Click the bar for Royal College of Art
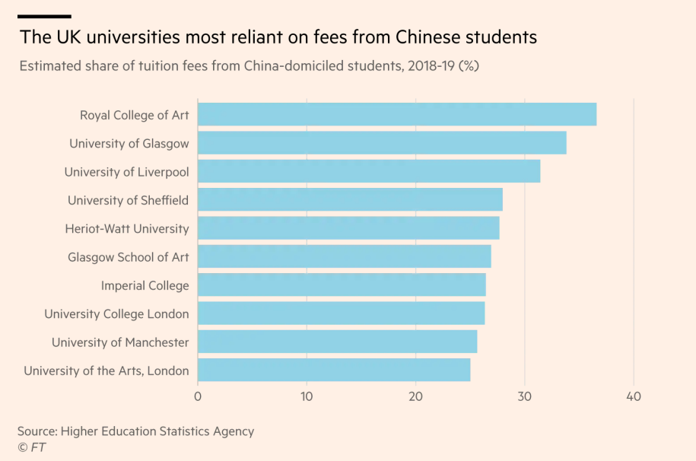point(396,115)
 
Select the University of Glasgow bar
point(381,143)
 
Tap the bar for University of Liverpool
point(368,171)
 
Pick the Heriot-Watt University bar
point(348,228)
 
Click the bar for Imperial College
point(341,285)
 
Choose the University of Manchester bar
point(337,342)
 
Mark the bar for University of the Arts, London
point(333,370)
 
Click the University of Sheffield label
point(128,201)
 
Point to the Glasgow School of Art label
point(128,258)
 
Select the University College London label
point(116,314)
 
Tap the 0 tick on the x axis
point(198,396)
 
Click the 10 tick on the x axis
point(307,396)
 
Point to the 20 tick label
point(415,396)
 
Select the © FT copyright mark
point(31,447)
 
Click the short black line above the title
point(44,16)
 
